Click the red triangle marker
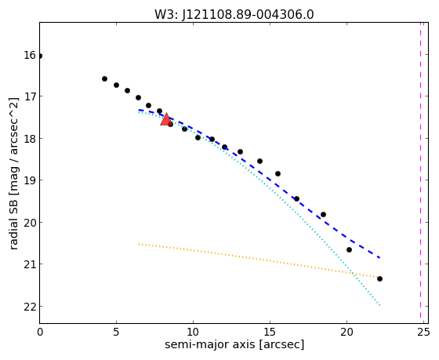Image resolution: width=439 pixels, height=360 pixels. (x=166, y=119)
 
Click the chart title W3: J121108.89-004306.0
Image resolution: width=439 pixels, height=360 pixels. (x=234, y=14)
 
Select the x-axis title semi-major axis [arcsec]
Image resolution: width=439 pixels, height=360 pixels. (x=234, y=344)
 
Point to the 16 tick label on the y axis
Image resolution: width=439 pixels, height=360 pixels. (x=30, y=55)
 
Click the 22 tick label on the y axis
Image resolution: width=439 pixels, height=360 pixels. (x=30, y=307)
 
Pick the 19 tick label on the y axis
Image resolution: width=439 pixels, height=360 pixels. (x=30, y=180)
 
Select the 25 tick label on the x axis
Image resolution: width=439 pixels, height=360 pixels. (x=423, y=333)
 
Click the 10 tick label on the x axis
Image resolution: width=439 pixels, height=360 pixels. (x=193, y=333)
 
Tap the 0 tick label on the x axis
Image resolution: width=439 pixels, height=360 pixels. (x=40, y=333)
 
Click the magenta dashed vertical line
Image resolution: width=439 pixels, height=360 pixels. (x=420, y=170)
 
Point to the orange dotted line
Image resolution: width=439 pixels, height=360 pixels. (x=259, y=261)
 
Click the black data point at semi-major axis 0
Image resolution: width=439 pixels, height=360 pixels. (x=39, y=56)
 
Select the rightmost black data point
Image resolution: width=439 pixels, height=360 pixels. (x=379, y=278)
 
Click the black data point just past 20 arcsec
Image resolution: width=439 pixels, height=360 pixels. (x=349, y=249)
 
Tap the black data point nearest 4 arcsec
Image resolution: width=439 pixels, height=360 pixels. (x=104, y=78)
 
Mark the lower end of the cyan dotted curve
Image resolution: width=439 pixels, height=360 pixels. (x=379, y=305)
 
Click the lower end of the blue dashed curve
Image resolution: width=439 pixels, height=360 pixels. (x=379, y=258)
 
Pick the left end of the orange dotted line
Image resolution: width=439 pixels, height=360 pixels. (x=139, y=244)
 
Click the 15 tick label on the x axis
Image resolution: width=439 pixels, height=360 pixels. (x=270, y=333)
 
